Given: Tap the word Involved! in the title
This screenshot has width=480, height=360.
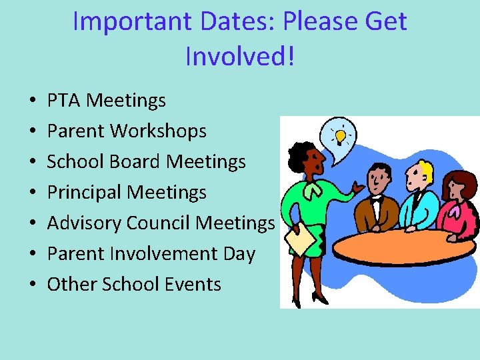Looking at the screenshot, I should pyautogui.click(x=239, y=57).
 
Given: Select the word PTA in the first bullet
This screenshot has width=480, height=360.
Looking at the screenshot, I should pyautogui.click(x=64, y=101).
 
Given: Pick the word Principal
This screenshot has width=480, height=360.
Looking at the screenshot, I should pyautogui.click(x=85, y=193).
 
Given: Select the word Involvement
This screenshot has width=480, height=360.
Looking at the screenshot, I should pyautogui.click(x=163, y=253).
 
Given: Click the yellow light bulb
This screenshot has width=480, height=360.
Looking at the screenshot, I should pyautogui.click(x=340, y=137).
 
